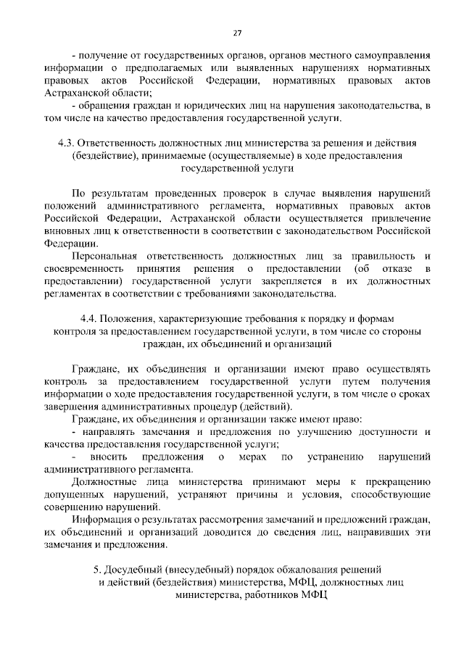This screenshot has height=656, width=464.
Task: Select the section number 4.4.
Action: click(89, 320)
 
